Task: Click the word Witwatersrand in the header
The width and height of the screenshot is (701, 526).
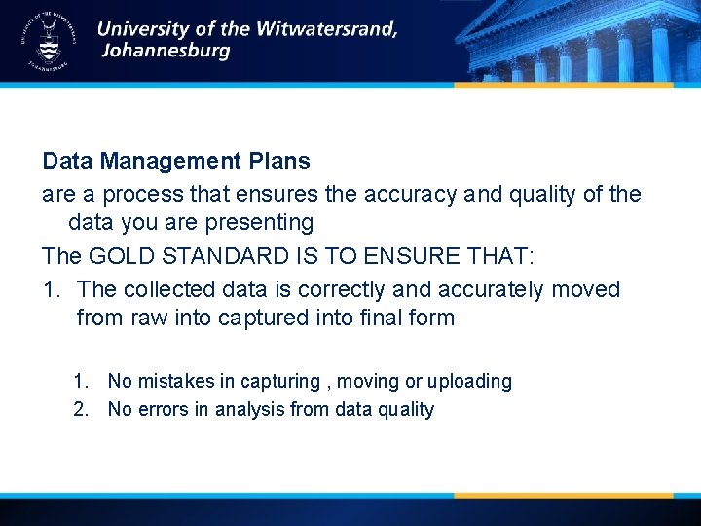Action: [x=326, y=28]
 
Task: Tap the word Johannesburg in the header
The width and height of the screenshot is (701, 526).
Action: [x=166, y=52]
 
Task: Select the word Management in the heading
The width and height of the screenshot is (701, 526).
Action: [x=165, y=160]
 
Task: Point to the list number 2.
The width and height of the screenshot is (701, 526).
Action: [x=80, y=409]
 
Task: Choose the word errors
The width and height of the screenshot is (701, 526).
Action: [x=162, y=409]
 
